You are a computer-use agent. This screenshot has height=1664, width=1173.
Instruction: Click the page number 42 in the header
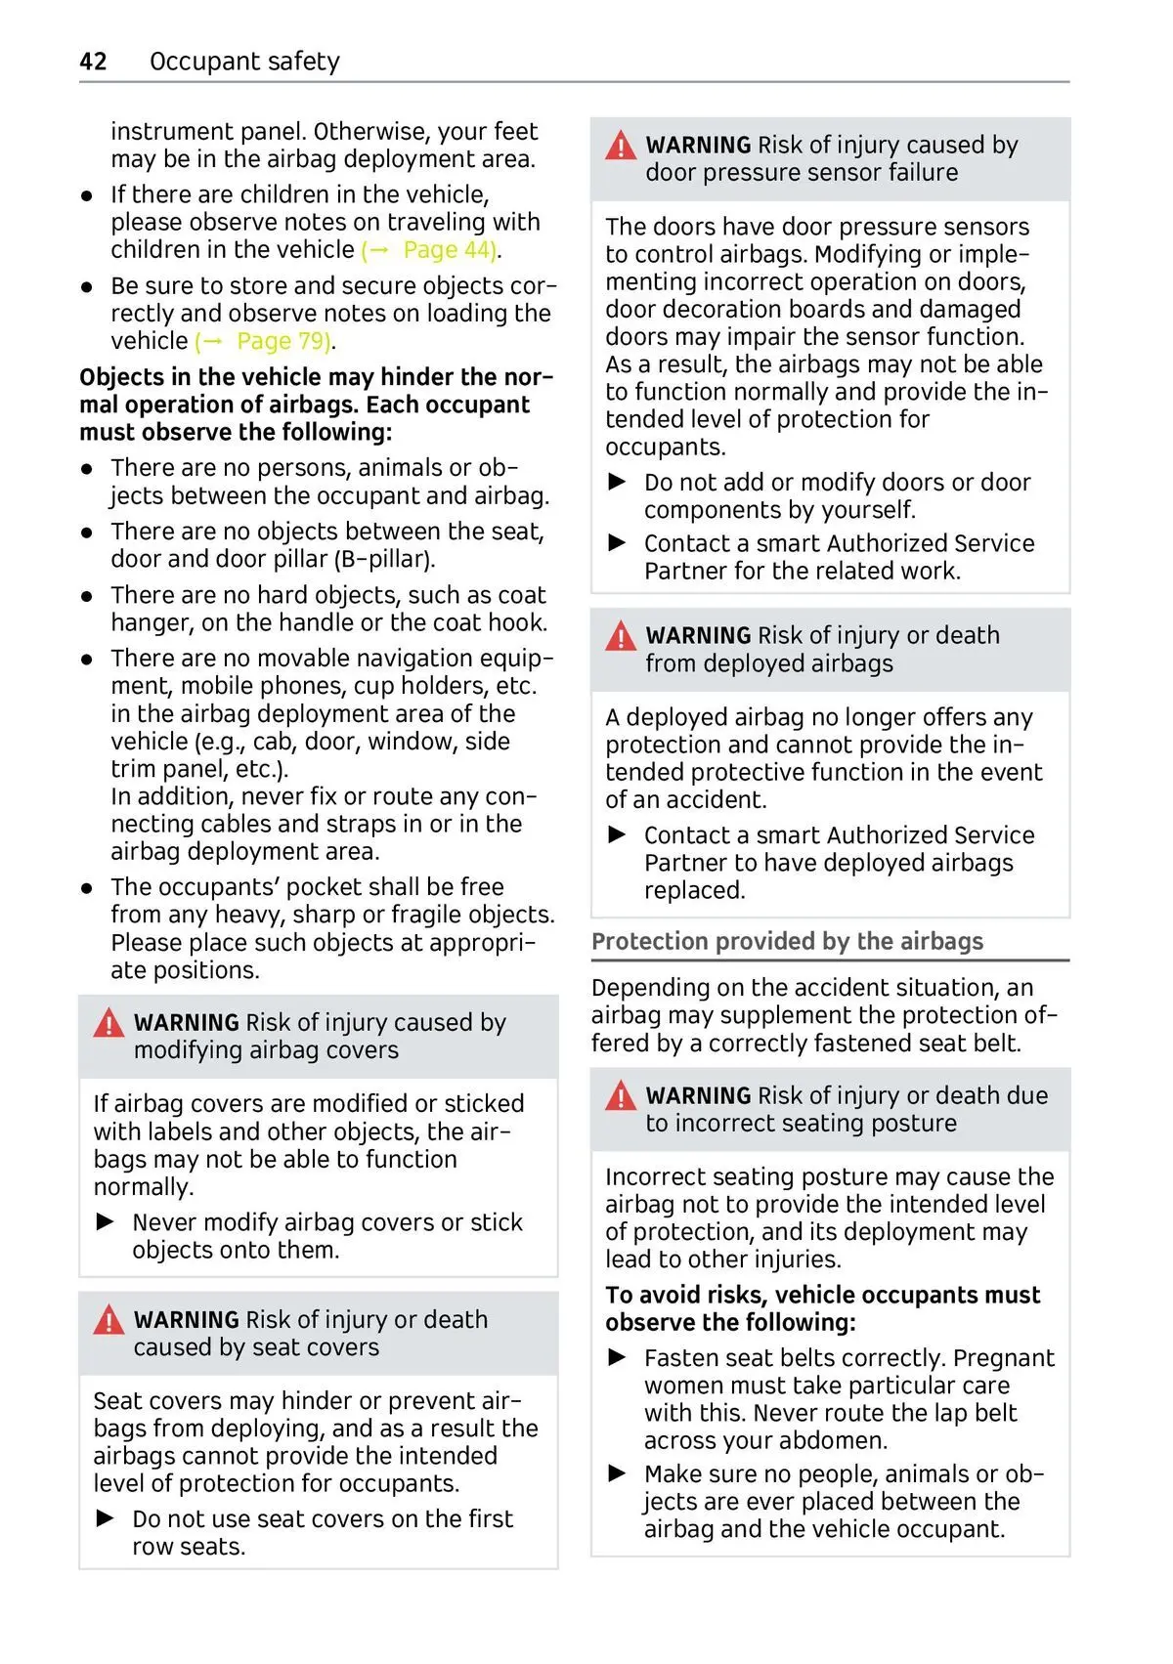pyautogui.click(x=93, y=62)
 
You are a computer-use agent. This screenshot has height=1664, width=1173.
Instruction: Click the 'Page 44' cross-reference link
pyautogui.click(x=448, y=250)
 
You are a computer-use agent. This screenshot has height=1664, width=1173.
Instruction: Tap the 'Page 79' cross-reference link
pyautogui.click(x=282, y=341)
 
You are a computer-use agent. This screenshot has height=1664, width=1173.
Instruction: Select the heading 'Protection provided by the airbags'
pyautogui.click(x=787, y=941)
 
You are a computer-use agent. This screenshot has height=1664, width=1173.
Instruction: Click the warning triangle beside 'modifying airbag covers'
pyautogui.click(x=109, y=1023)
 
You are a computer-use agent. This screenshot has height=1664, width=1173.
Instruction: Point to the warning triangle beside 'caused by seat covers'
pyautogui.click(x=109, y=1321)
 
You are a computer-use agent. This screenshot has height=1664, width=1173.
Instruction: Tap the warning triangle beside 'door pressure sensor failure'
pyautogui.click(x=621, y=147)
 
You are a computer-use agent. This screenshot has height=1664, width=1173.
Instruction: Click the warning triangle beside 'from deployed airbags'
pyautogui.click(x=621, y=637)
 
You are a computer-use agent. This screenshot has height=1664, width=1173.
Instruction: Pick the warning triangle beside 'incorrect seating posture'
pyautogui.click(x=621, y=1096)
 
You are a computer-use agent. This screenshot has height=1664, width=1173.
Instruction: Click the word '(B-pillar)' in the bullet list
pyautogui.click(x=384, y=559)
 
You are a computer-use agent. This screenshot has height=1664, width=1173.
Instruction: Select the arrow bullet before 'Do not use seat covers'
pyautogui.click(x=106, y=1518)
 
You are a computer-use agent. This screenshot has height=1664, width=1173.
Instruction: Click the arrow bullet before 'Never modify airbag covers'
pyautogui.click(x=106, y=1221)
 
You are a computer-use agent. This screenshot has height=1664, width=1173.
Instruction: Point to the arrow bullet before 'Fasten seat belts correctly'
pyautogui.click(x=618, y=1357)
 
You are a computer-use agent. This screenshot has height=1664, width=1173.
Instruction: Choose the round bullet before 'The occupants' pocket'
pyautogui.click(x=88, y=888)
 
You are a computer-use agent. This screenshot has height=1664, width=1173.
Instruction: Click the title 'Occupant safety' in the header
pyautogui.click(x=244, y=62)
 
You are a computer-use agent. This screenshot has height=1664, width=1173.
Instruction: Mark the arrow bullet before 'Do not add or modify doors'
pyautogui.click(x=618, y=482)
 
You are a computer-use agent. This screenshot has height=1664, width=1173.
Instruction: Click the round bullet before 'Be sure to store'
pyautogui.click(x=88, y=287)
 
